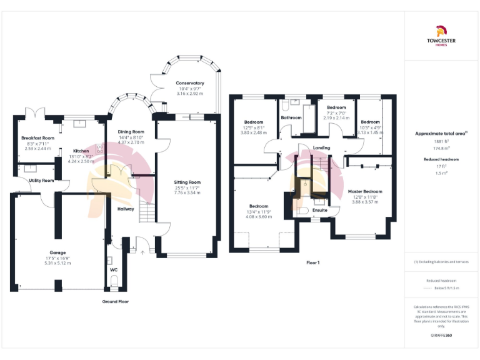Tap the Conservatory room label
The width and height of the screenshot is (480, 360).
(x=190, y=83)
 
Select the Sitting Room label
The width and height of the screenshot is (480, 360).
(x=187, y=182)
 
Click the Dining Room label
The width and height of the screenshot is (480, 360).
(x=131, y=132)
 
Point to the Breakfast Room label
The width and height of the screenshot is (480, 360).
(x=37, y=137)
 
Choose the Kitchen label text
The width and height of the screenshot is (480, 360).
(x=81, y=151)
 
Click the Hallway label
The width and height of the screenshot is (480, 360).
(x=126, y=209)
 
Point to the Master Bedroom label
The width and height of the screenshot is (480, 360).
(x=365, y=191)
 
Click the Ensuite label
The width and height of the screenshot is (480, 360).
(x=320, y=210)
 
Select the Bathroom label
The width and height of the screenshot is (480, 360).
(x=291, y=117)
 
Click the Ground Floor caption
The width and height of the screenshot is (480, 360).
(x=115, y=301)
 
